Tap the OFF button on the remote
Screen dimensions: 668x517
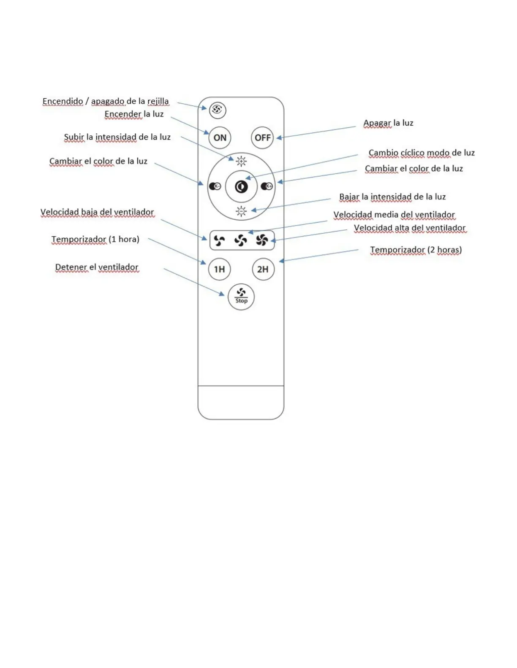(262, 137)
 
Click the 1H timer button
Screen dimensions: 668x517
(219, 269)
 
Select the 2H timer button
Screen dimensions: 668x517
(263, 269)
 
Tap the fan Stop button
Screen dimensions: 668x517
(241, 296)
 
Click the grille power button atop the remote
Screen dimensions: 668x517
(217, 110)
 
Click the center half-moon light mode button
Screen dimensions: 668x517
(241, 186)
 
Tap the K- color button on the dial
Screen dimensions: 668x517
(215, 186)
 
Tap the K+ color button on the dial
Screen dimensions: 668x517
(267, 186)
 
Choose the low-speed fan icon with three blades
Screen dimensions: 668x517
(219, 240)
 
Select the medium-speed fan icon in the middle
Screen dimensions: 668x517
(241, 240)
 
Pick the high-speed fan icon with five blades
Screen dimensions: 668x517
(262, 240)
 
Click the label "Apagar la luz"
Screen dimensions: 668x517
(388, 123)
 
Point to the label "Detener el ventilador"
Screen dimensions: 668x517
(97, 267)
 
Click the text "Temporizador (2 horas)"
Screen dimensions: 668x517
(416, 250)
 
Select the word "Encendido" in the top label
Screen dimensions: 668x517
(63, 101)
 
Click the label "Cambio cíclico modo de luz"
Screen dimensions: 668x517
(421, 153)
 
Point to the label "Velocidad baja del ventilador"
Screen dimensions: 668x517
(97, 212)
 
